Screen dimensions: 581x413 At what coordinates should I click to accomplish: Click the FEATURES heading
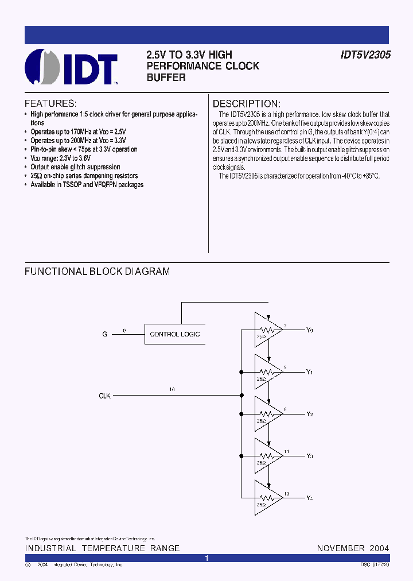pos(50,104)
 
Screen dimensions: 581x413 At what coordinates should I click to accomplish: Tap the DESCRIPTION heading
pos(247,104)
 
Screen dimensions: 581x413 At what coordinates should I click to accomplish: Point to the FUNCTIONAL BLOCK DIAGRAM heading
pos(97,272)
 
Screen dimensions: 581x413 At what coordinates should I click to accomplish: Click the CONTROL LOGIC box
pos(174,334)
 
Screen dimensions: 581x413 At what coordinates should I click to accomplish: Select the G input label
pos(104,334)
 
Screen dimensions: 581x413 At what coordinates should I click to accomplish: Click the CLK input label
pos(104,396)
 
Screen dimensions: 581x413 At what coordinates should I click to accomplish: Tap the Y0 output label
pos(310,330)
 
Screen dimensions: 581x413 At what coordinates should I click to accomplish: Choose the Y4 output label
pos(310,498)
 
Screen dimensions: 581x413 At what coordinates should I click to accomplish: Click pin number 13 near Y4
pos(286,494)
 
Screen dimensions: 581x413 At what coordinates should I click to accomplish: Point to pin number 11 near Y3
pos(286,452)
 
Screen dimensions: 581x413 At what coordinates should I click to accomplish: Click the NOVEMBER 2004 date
pos(353,548)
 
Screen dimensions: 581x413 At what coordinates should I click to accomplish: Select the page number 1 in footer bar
pos(206,558)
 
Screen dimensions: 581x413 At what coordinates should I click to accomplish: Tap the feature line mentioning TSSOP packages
pos(87,185)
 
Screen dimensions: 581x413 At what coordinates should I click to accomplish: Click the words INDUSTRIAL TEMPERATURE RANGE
pos(102,548)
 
